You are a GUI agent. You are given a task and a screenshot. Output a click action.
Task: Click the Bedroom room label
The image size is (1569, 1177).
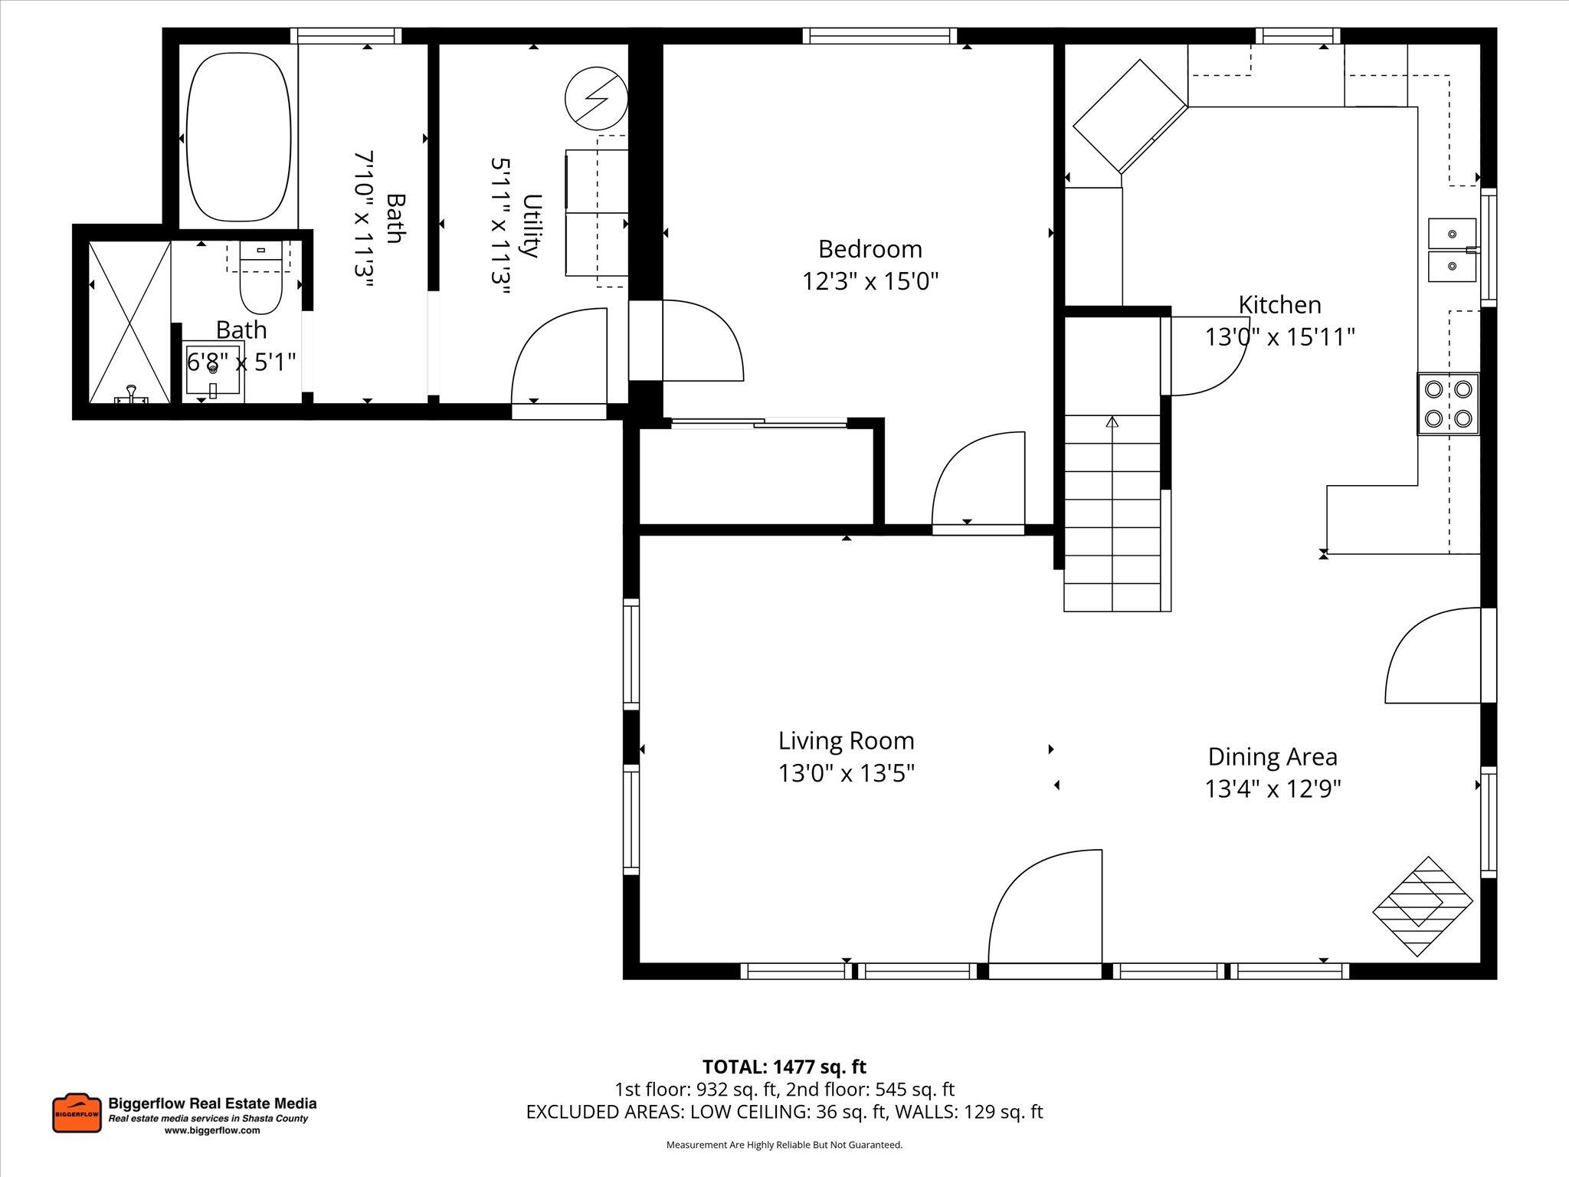(x=870, y=249)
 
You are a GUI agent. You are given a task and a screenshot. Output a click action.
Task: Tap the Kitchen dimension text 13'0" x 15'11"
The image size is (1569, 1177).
(x=1279, y=337)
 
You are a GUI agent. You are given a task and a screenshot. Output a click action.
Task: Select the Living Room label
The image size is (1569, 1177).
(x=846, y=741)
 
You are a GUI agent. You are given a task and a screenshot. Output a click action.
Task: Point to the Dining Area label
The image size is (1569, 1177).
(x=1273, y=757)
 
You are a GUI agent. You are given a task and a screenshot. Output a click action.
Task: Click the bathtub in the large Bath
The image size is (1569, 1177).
(x=239, y=137)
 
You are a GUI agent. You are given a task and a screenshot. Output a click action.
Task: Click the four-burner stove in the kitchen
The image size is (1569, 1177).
(x=1447, y=404)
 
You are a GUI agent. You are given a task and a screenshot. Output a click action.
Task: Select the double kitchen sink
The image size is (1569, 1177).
(x=1452, y=249)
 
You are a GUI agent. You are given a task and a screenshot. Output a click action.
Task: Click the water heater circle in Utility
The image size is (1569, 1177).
(x=595, y=99)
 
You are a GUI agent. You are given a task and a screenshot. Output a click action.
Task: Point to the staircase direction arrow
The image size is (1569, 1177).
(x=1112, y=422)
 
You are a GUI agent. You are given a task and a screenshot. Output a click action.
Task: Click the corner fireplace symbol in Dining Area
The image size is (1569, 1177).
(x=1423, y=906)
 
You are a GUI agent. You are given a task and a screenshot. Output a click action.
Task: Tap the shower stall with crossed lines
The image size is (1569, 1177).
(x=129, y=322)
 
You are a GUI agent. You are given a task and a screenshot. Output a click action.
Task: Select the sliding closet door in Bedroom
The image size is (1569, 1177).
(x=758, y=422)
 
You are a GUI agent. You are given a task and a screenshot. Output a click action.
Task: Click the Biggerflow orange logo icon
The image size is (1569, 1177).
(x=77, y=1113)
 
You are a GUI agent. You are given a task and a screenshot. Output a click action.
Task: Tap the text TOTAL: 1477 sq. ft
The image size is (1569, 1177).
(x=784, y=1067)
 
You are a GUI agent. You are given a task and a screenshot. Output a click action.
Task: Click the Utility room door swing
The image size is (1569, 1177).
(x=559, y=356)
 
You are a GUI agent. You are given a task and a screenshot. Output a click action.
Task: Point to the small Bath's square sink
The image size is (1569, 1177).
(x=213, y=370)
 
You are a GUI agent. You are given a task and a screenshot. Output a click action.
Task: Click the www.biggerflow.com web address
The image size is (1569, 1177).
(x=212, y=1130)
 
